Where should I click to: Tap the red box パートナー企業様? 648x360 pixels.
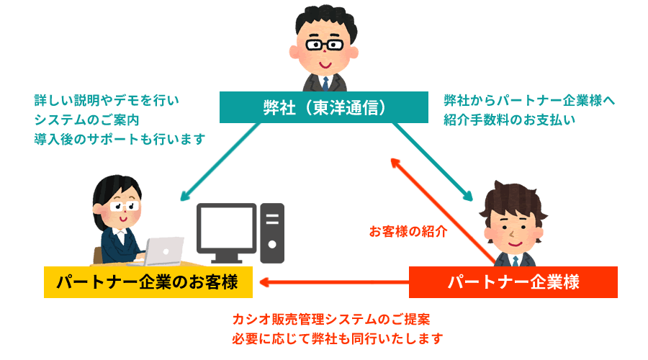(513, 282)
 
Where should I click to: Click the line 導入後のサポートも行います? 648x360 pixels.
(119, 138)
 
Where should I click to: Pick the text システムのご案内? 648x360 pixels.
(91, 120)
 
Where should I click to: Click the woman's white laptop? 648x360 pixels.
(163, 251)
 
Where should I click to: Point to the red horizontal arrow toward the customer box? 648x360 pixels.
(332, 282)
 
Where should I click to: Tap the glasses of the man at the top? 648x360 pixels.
(325, 44)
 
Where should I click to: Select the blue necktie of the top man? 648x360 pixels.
(325, 81)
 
